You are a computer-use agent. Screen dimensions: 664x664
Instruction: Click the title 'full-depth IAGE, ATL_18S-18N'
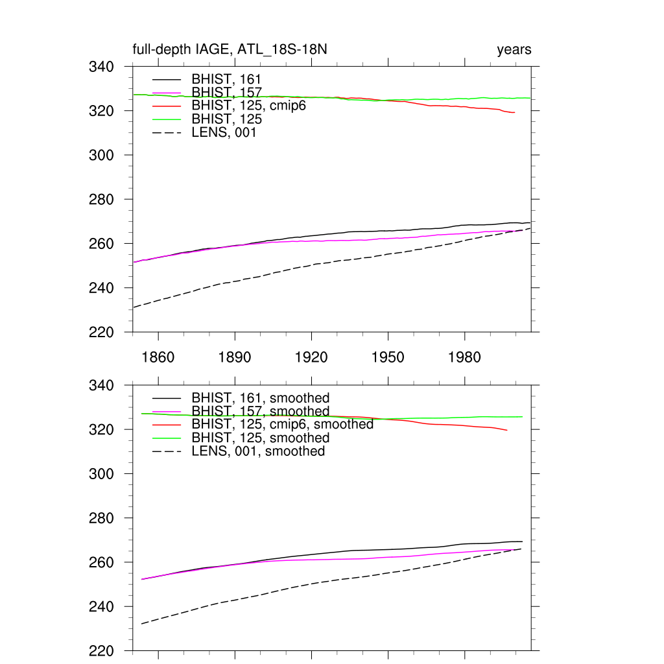(234, 50)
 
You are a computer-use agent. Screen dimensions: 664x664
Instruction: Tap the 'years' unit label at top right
(514, 50)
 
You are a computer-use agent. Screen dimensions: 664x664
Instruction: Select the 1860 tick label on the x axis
(158, 357)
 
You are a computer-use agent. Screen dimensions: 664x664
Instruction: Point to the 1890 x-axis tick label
(235, 357)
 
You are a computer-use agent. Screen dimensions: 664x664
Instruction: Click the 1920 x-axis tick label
(311, 357)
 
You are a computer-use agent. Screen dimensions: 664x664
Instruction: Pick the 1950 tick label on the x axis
(388, 357)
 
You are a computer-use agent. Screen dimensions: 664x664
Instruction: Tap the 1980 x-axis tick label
(464, 357)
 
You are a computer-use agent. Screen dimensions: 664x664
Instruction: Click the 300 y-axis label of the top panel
(101, 156)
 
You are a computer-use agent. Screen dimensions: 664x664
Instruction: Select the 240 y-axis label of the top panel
(101, 288)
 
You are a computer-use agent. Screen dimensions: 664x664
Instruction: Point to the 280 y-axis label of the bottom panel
(101, 519)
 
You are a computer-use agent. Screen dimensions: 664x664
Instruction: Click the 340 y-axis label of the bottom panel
(101, 386)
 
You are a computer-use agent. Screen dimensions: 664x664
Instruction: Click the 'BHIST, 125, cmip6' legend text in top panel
(248, 106)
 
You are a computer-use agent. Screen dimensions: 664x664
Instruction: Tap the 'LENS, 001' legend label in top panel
(224, 133)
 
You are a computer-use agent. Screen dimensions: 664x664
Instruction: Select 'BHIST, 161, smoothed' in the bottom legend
(261, 398)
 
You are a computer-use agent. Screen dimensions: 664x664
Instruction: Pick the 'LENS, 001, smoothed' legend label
(258, 451)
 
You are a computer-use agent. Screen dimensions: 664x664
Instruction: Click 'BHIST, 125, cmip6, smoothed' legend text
(282, 425)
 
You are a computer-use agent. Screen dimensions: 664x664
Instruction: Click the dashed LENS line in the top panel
(311, 265)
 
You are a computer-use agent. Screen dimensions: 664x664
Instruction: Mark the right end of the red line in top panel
(514, 113)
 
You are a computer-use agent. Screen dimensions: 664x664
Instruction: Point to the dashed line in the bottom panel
(311, 584)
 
